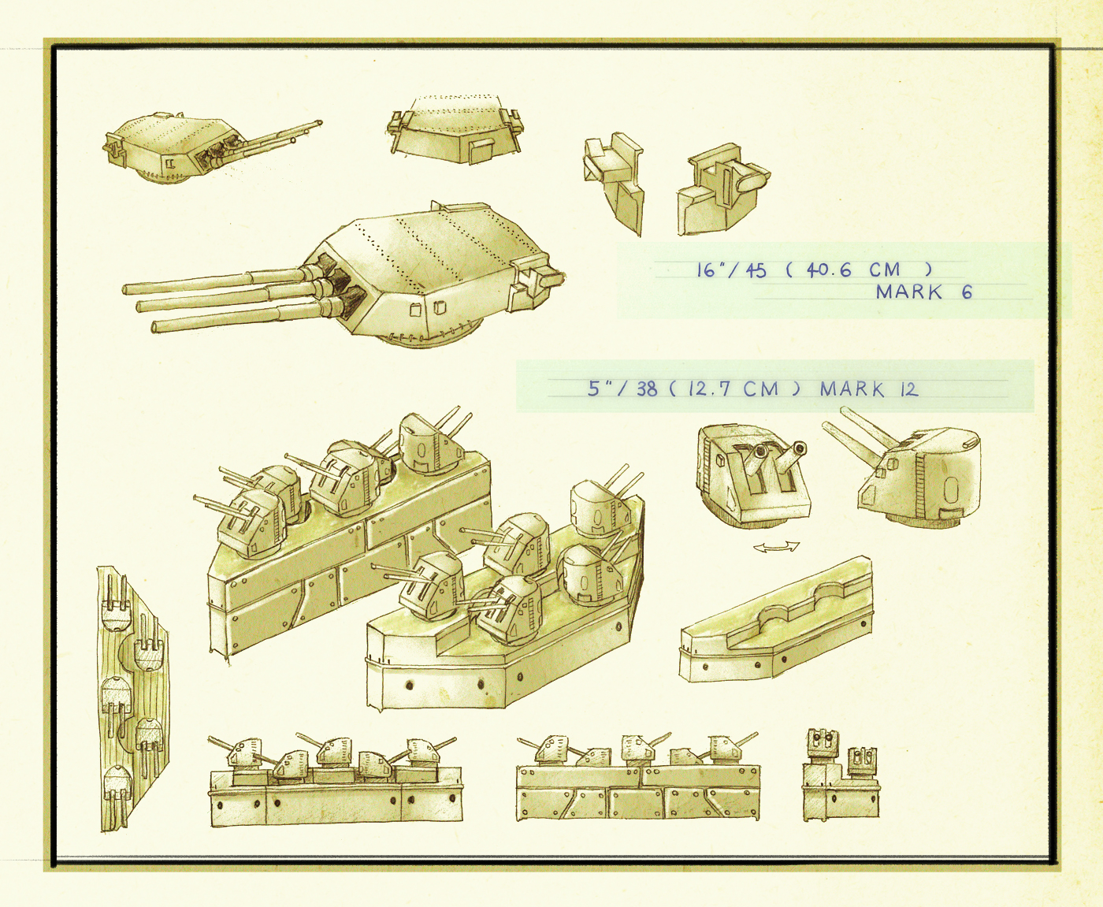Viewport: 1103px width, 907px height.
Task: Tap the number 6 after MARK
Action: pos(967,292)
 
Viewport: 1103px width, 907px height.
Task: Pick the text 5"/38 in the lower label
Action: pos(622,388)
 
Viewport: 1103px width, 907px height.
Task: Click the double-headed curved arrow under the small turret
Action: pos(776,547)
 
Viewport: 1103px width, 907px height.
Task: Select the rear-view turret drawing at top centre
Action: pos(455,129)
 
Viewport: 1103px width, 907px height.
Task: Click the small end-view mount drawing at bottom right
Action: pos(841,773)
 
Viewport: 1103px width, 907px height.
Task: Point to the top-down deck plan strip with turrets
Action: pos(132,698)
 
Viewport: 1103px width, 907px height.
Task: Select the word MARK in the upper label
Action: pos(909,292)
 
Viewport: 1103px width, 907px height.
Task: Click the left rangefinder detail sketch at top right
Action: pos(614,183)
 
